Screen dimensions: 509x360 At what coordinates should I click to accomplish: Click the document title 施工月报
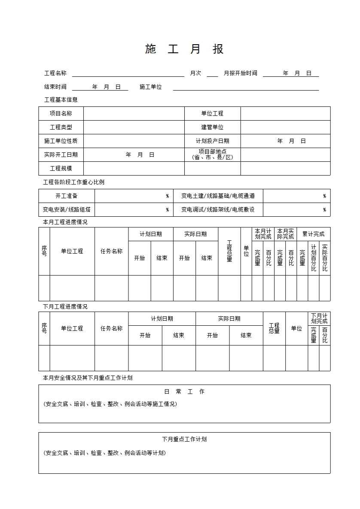(x=184, y=49)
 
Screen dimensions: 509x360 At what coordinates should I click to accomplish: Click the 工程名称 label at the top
(x=55, y=73)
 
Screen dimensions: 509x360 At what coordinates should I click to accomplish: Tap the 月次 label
(x=195, y=73)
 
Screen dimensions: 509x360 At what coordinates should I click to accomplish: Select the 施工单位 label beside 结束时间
(x=151, y=87)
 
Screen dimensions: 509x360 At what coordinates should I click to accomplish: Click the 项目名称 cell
(x=61, y=114)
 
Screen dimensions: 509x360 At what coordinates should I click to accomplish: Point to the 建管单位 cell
(x=212, y=127)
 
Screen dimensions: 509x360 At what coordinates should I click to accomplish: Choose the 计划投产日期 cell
(x=212, y=141)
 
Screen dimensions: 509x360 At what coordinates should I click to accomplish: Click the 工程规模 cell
(x=61, y=169)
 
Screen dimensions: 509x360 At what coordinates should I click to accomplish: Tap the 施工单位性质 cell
(x=61, y=141)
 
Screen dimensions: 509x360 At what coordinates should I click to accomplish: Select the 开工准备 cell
(x=67, y=196)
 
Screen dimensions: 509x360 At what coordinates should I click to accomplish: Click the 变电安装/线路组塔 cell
(x=67, y=210)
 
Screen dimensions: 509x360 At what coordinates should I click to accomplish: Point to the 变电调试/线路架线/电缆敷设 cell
(x=218, y=210)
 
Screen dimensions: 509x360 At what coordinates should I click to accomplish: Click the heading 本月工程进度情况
(x=65, y=222)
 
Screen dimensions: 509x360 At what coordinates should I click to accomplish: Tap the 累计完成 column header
(x=313, y=234)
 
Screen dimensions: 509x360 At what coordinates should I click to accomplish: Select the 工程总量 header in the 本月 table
(x=229, y=251)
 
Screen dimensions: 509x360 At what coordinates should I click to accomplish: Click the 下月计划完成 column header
(x=319, y=318)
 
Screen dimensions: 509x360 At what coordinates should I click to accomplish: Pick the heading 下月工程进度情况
(x=65, y=307)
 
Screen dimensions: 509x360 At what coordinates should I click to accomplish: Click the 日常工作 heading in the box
(x=184, y=392)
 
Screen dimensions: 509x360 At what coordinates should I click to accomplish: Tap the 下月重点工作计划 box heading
(x=184, y=439)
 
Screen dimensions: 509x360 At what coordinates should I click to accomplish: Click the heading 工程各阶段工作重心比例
(x=73, y=182)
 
